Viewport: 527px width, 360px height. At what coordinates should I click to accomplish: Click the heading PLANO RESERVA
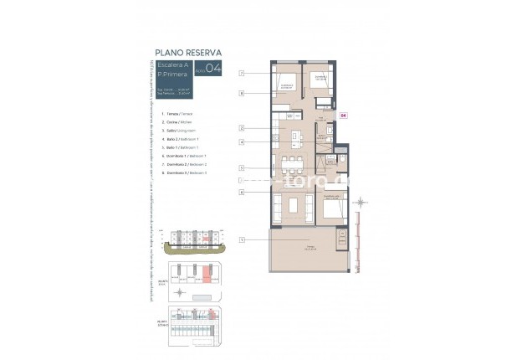pyautogui.click(x=188, y=51)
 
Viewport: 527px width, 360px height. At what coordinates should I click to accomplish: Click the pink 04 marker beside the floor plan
pyautogui.click(x=343, y=116)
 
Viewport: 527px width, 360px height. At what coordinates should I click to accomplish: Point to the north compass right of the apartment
pyautogui.click(x=360, y=203)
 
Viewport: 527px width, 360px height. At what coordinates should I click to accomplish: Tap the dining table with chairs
pyautogui.click(x=292, y=161)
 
